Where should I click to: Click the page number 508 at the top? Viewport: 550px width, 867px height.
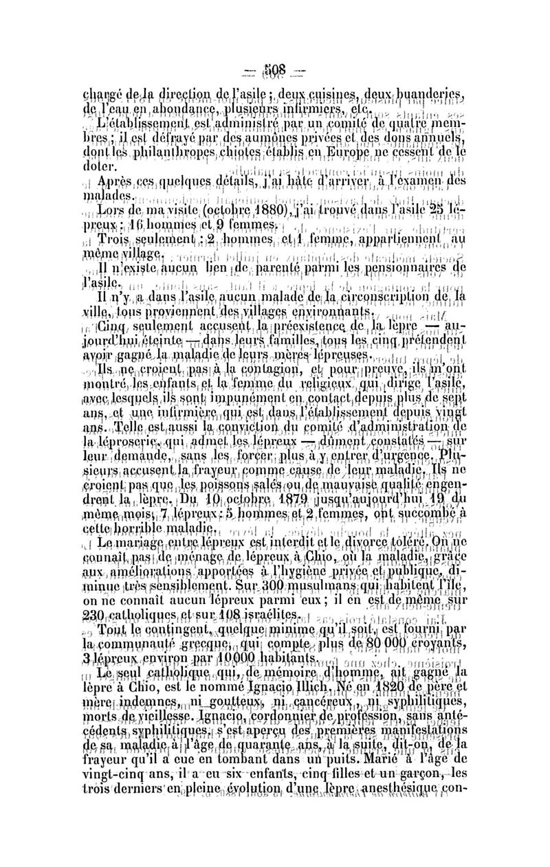274,74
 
